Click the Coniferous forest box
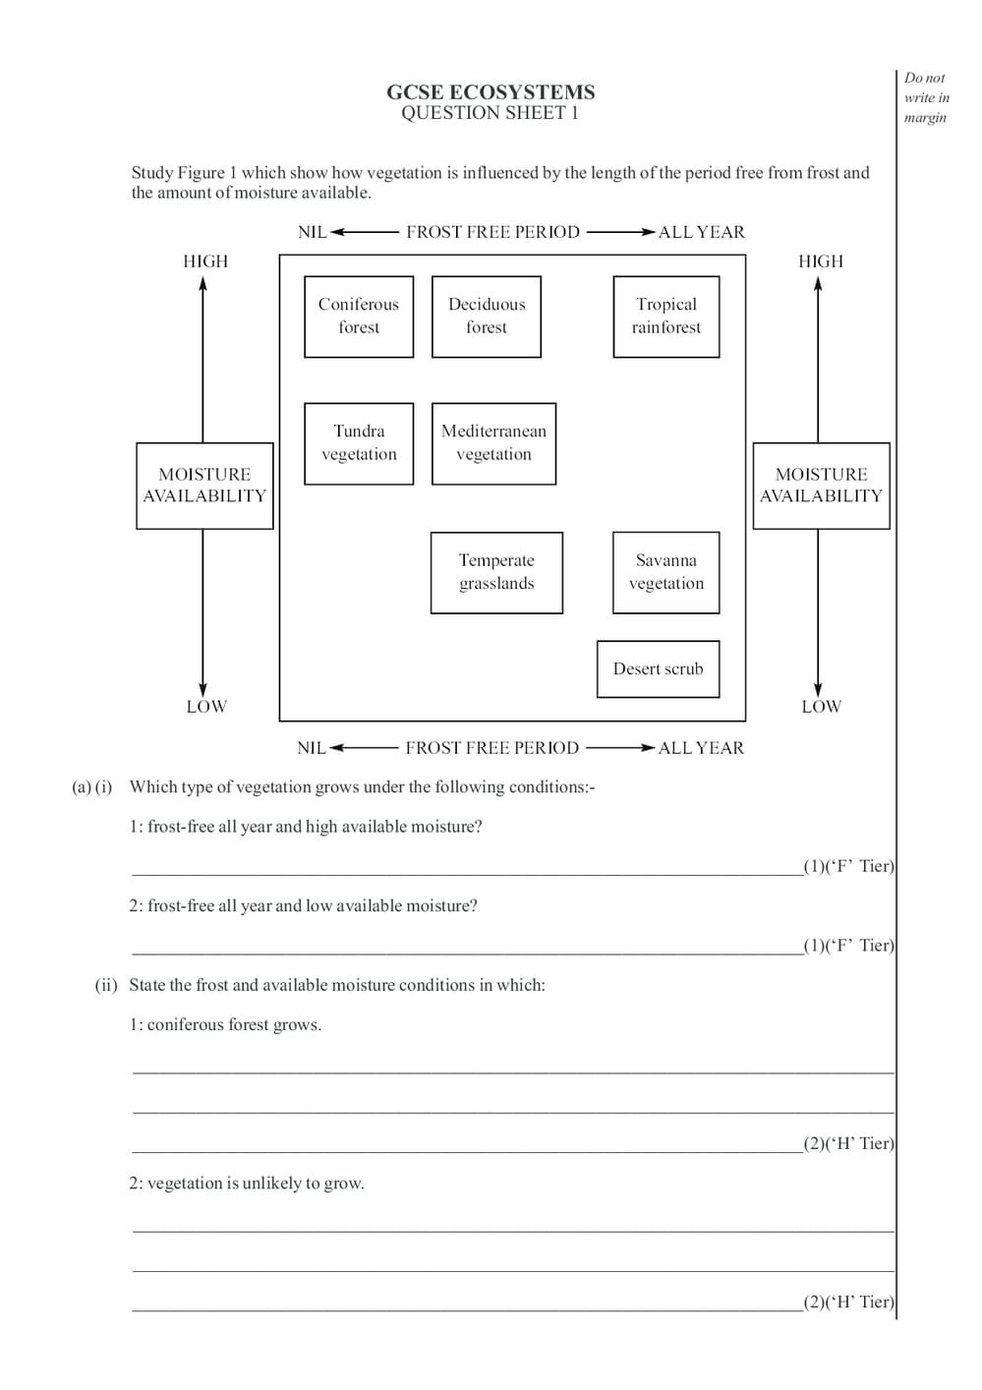coord(359,317)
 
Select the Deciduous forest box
coord(487,317)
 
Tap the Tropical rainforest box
coord(666,317)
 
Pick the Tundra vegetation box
coord(359,443)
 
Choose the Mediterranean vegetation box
coord(493,443)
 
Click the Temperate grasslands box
coord(496,572)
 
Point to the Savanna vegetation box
coord(666,572)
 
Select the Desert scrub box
coord(658,669)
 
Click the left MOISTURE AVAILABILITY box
coord(204,486)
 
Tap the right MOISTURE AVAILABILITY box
coord(821,486)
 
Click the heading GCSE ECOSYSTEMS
coord(491,92)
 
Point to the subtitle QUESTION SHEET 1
coord(490,113)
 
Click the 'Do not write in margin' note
coord(926,97)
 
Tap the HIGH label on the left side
coord(205,261)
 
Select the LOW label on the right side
coord(821,707)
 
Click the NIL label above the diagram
coord(312,233)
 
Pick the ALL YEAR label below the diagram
coord(701,748)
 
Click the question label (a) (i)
coord(92,787)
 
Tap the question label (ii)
coord(106,985)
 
